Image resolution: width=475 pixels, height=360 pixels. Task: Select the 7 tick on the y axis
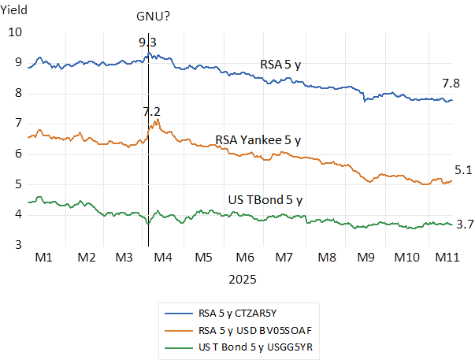tap(17, 124)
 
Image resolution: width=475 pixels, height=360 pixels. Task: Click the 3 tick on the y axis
tap(17, 245)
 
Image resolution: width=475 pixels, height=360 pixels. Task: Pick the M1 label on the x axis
tap(44, 258)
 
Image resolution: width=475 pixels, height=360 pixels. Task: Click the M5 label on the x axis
tap(203, 258)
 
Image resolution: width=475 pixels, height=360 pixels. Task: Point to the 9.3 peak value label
tap(147, 42)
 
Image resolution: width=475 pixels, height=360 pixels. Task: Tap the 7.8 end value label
tap(452, 83)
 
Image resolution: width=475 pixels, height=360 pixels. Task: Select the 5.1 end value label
tap(463, 169)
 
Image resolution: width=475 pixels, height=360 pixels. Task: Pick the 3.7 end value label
tap(465, 225)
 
